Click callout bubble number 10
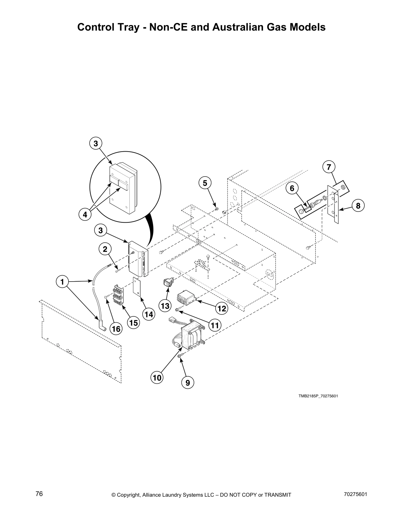coord(157,377)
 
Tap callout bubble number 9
coord(188,383)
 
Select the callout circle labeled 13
coord(165,306)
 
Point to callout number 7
coord(329,167)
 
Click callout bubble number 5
coord(205,183)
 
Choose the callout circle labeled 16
coord(116,329)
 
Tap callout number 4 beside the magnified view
coord(85,214)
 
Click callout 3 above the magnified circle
coord(95,143)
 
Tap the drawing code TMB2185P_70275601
coord(318,396)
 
